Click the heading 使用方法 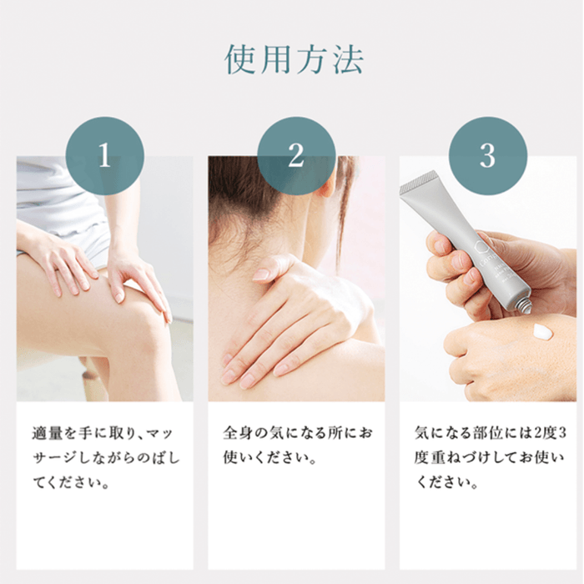tap(294, 59)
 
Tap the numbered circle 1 tap(104, 156)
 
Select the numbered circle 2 tap(296, 156)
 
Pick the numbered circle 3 tap(487, 156)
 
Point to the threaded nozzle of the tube tap(520, 304)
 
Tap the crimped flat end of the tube tap(418, 183)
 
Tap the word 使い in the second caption tap(238, 458)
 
